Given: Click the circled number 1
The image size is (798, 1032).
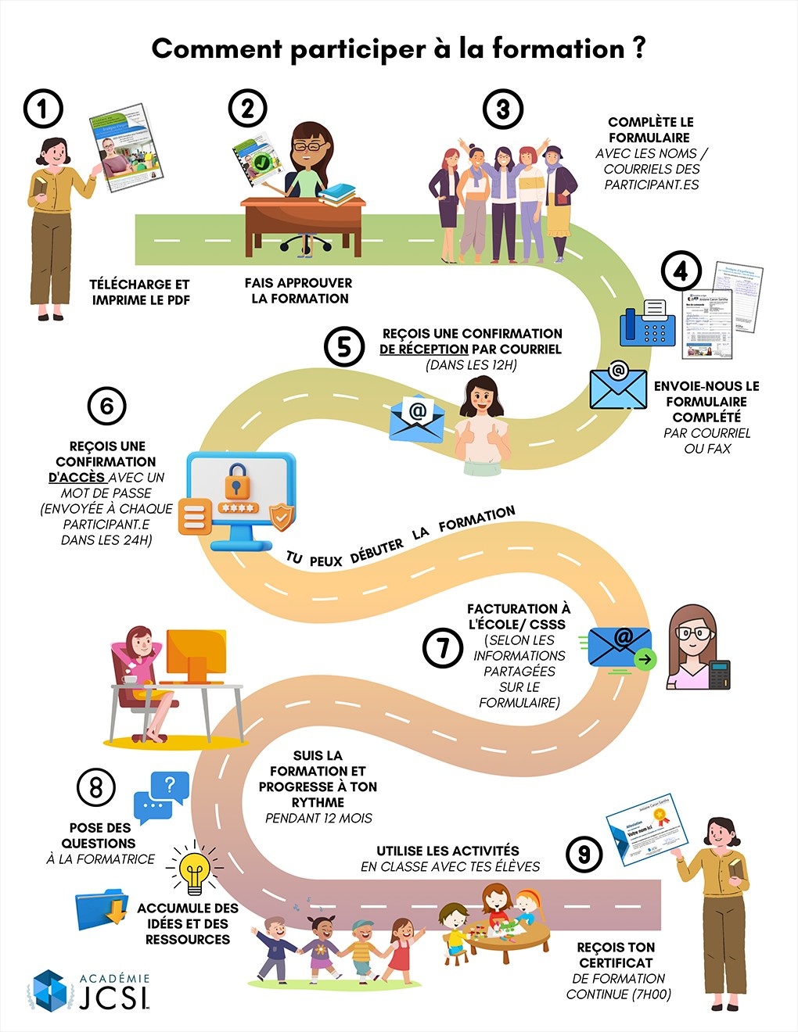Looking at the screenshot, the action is [43, 109].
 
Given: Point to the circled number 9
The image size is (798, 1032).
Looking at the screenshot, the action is [584, 854].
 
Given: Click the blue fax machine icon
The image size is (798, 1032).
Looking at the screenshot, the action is [647, 323].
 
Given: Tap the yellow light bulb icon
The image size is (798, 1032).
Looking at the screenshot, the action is [194, 869].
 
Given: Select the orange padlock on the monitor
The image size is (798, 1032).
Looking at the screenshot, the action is [237, 481].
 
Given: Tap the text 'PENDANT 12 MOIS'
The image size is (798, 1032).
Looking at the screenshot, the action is [318, 819].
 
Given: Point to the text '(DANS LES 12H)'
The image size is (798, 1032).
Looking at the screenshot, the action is [471, 365].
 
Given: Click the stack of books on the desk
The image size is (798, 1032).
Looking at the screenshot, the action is [336, 193].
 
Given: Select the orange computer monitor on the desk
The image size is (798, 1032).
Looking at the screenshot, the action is [196, 654].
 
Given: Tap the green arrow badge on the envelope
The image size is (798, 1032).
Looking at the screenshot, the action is [645, 660].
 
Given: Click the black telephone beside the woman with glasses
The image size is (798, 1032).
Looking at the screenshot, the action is [719, 674].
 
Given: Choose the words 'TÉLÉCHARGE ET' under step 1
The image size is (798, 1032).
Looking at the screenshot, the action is [139, 285].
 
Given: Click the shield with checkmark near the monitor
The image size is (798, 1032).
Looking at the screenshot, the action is [282, 516].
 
